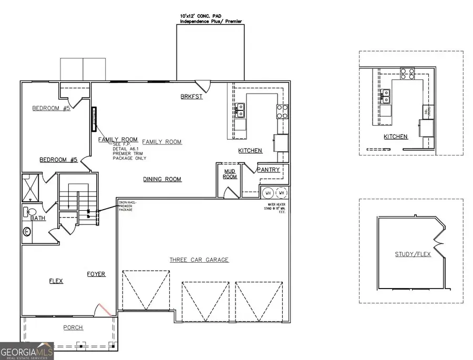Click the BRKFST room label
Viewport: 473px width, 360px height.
[x=191, y=97]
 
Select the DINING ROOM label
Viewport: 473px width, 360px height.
[x=162, y=179]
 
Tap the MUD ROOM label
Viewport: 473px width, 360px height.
[x=230, y=173]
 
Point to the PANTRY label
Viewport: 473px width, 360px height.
[x=268, y=170]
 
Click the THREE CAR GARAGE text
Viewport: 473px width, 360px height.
[x=199, y=260]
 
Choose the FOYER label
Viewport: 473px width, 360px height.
[x=96, y=274]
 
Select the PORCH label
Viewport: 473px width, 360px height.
[x=73, y=327]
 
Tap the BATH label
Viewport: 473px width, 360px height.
[x=37, y=218]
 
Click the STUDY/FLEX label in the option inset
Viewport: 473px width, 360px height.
[x=413, y=254]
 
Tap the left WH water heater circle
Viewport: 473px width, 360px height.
[x=268, y=192]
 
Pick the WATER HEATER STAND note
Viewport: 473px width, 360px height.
[x=278, y=208]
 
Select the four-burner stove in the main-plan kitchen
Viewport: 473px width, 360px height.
[x=282, y=111]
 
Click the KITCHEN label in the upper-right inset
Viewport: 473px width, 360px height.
[x=395, y=137]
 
